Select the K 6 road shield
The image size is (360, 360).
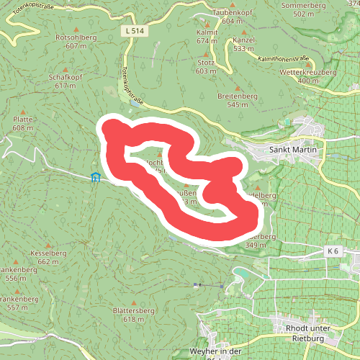(332, 251)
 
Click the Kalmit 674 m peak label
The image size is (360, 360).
(207, 37)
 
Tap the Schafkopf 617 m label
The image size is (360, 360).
(65, 81)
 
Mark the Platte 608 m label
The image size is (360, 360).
(23, 123)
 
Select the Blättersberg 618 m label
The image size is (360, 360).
(134, 315)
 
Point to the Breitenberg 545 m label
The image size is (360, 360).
(237, 99)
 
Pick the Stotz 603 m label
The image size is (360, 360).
(206, 66)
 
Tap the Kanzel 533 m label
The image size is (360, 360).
(243, 44)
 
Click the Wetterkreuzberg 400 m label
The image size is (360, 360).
(307, 76)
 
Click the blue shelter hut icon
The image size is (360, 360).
(95, 177)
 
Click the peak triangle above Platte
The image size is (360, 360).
(23, 112)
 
